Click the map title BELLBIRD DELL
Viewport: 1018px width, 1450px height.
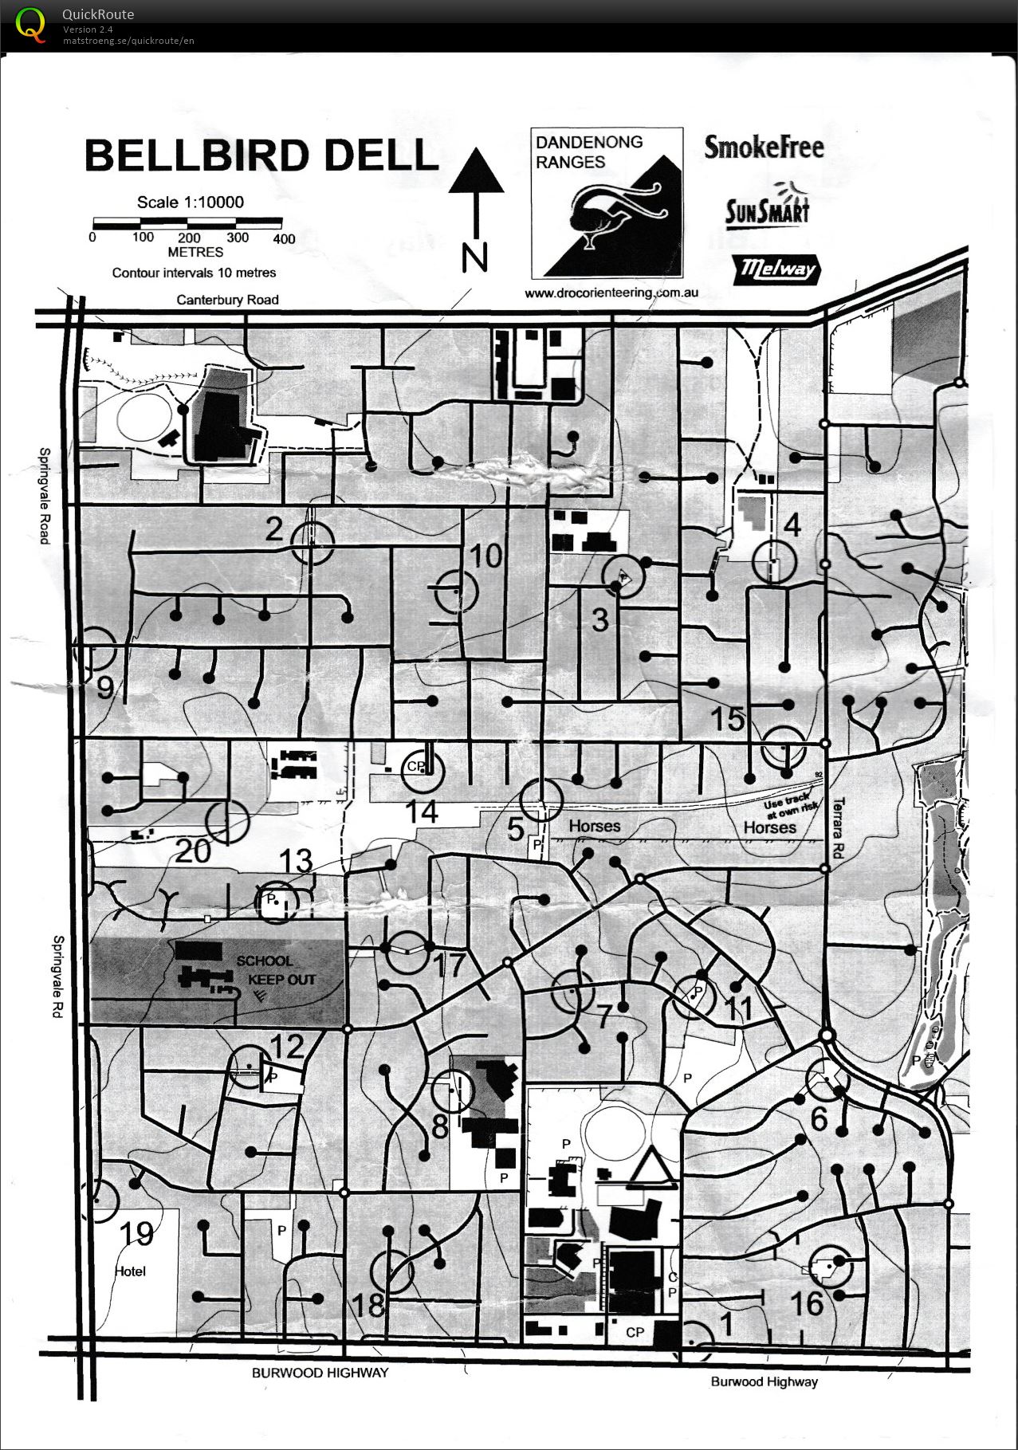tap(261, 155)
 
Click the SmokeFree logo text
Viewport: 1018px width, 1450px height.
tap(763, 147)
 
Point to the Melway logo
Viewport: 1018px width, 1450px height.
tap(776, 269)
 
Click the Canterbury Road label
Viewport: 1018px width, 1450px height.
tap(227, 300)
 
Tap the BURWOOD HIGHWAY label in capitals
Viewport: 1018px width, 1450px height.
tap(320, 1372)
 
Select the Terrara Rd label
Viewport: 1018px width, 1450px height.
tap(837, 828)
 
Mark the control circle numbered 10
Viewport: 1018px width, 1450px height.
tap(456, 591)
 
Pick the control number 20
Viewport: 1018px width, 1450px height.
tap(192, 851)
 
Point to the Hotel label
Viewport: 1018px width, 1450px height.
tap(131, 1271)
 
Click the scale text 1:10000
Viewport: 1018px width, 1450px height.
tap(190, 202)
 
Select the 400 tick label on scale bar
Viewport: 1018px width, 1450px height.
tap(284, 238)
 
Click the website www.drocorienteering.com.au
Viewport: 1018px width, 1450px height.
tap(611, 293)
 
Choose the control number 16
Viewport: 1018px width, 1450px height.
tap(806, 1303)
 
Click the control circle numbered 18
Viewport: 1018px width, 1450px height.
tap(392, 1271)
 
